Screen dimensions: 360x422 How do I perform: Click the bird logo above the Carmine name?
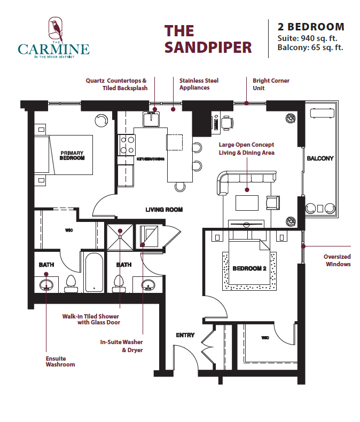[x=56, y=29]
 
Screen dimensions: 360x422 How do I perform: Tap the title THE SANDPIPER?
[x=208, y=39]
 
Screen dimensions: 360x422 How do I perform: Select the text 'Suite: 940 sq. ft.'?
[x=308, y=38]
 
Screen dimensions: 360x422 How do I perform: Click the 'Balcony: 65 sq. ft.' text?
[x=310, y=47]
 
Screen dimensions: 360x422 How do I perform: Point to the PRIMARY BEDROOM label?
[x=72, y=155]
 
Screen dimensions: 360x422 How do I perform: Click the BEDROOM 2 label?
[x=249, y=268]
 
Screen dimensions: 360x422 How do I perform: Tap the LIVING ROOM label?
[x=164, y=209]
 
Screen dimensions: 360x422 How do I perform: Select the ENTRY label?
[x=185, y=335]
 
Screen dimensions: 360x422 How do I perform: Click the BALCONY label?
[x=320, y=158]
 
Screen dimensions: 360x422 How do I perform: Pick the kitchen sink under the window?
[x=151, y=119]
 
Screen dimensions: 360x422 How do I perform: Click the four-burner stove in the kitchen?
[x=127, y=145]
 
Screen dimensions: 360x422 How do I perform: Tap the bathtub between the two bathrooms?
[x=94, y=272]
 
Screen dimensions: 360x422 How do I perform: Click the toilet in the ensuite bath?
[x=71, y=284]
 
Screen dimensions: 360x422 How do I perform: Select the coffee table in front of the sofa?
[x=247, y=203]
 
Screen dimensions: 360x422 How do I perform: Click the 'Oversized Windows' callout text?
[x=337, y=260]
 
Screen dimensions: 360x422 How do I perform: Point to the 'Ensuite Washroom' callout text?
[x=60, y=361]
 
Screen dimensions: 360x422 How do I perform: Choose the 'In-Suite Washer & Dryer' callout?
[x=122, y=346]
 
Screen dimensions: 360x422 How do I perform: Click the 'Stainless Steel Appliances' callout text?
[x=199, y=84]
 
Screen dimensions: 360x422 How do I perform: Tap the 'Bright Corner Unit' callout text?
[x=271, y=84]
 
